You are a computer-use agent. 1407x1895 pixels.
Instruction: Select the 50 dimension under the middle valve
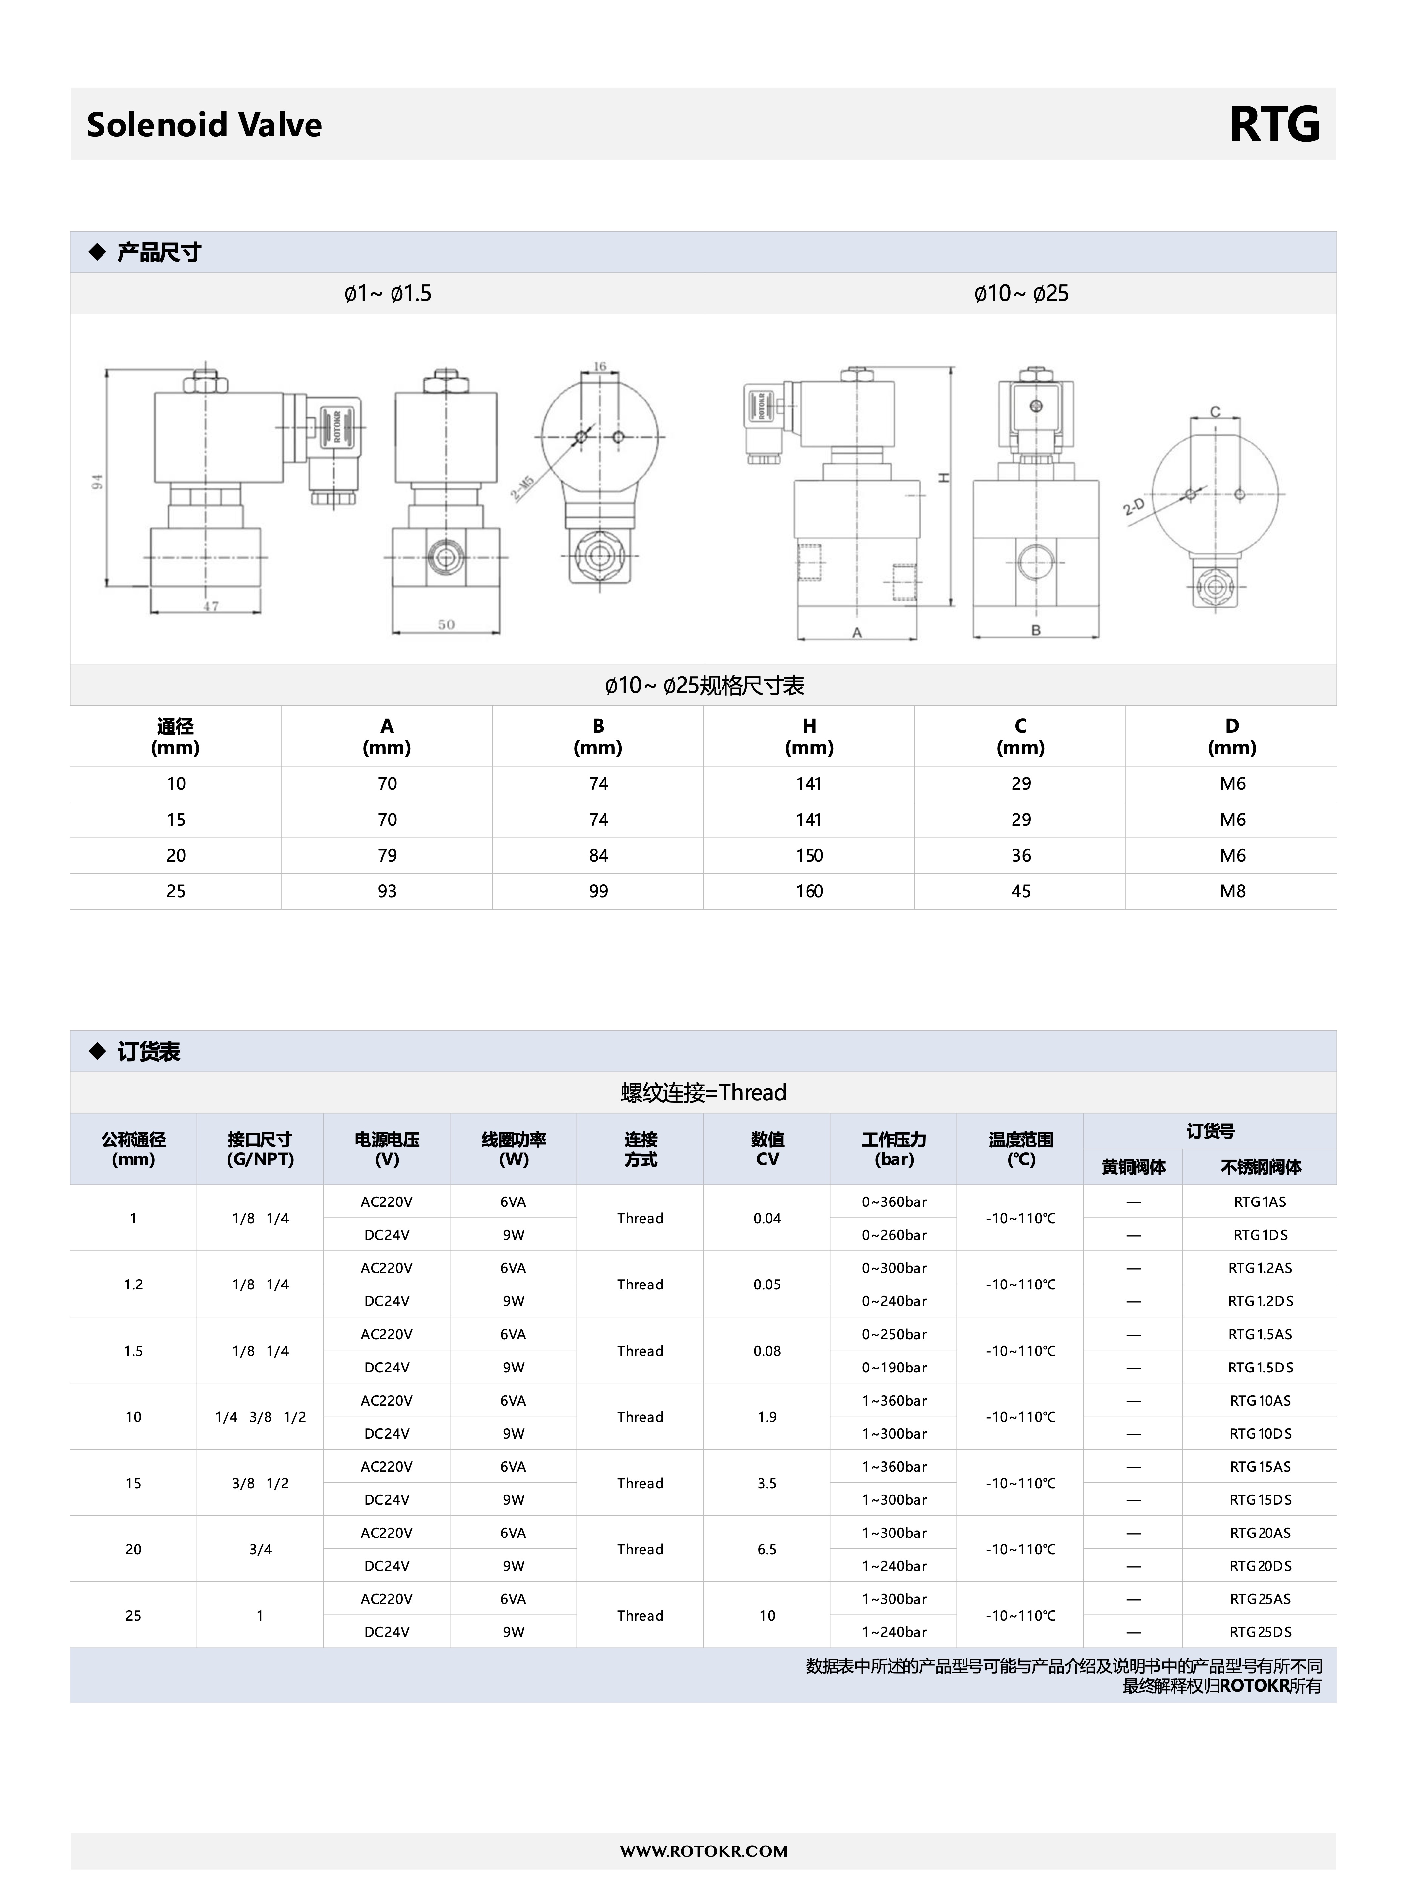(x=446, y=624)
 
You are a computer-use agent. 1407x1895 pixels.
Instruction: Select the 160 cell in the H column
(x=809, y=891)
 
